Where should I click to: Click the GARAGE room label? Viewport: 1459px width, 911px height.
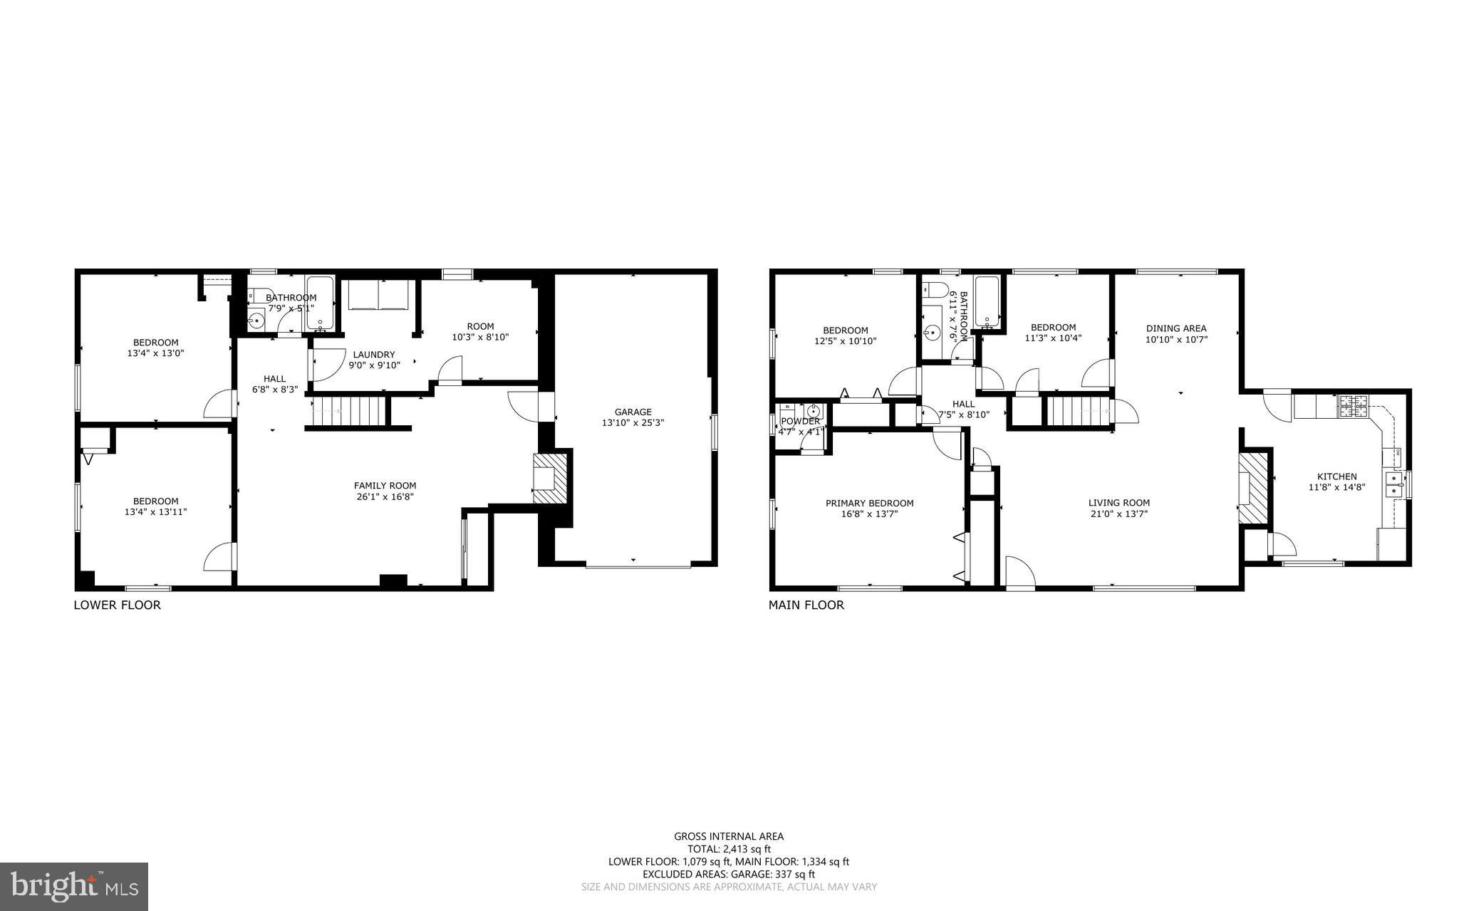(633, 412)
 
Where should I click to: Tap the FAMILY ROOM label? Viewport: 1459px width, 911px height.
(385, 486)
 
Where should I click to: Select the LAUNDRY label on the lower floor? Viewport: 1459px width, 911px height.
(373, 355)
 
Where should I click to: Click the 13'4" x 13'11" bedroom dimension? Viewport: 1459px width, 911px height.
(155, 511)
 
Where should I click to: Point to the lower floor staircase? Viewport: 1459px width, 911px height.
(349, 411)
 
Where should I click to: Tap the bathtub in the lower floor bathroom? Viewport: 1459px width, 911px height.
(321, 303)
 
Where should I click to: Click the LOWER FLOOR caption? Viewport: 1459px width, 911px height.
(118, 605)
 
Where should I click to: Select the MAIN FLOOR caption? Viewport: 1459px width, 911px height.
(806, 605)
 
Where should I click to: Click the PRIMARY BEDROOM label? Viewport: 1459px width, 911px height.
(869, 503)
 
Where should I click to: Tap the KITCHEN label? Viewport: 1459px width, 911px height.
(1336, 477)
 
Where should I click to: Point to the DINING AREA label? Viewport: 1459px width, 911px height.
(1175, 328)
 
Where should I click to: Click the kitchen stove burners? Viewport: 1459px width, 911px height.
(1351, 406)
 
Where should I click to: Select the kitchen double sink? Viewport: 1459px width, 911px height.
(1393, 484)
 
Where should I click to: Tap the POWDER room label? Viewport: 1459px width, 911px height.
(800, 421)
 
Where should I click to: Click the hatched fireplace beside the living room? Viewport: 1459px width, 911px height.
(1250, 488)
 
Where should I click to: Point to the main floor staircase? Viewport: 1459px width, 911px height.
(1079, 411)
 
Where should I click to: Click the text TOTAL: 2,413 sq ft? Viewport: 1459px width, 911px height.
(729, 849)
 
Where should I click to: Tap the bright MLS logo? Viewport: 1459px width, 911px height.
(73, 887)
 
